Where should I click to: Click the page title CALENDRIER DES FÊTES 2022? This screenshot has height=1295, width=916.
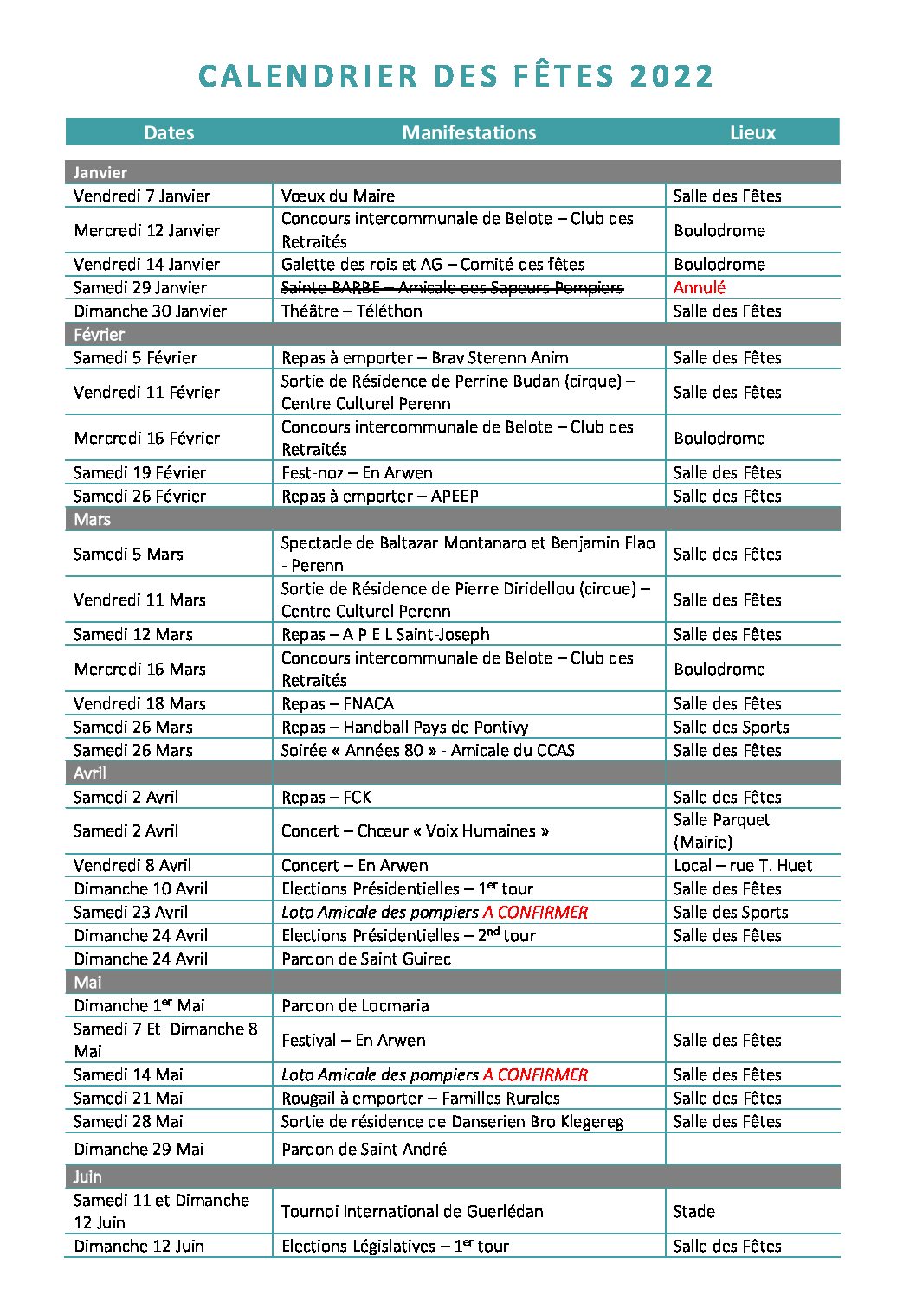coord(456,76)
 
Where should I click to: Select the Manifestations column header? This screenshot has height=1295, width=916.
coord(468,132)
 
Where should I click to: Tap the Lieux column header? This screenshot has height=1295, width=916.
coord(752,132)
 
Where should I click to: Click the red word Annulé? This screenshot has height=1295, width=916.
coord(699,287)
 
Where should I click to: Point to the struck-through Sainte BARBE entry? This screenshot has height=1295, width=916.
coord(452,287)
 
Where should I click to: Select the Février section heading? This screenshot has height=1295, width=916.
coord(99,335)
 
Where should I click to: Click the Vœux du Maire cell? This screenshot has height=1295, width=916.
coord(338,196)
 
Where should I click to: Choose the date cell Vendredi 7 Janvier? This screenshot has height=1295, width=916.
coord(142,196)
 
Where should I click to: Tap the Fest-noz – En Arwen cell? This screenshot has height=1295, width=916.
coord(357,472)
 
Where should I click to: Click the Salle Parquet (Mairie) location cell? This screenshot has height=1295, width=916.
coord(721,830)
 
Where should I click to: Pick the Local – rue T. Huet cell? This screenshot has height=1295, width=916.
coord(743,865)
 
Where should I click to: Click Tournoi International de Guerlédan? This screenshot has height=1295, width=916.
coord(412,1211)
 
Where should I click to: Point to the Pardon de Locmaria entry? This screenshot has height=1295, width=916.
coord(355,1005)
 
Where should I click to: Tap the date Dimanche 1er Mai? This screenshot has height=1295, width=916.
coord(139,1005)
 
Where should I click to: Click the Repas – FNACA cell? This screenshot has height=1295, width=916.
coord(338,703)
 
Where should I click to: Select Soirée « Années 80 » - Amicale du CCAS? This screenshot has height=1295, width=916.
coord(428,750)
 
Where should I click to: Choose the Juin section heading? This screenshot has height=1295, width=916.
coord(87,1176)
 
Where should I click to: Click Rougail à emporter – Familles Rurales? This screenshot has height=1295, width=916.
coord(421,1098)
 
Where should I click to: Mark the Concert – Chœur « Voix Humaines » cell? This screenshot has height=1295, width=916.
coord(415,830)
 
